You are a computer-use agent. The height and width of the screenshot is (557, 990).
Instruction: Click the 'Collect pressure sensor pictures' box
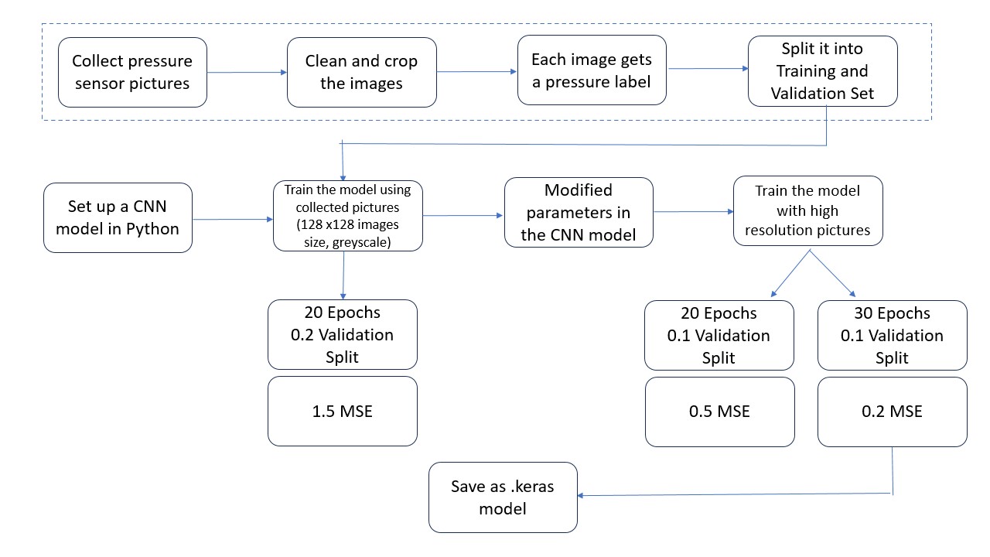(132, 72)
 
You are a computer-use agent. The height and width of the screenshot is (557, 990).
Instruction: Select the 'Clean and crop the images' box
(361, 72)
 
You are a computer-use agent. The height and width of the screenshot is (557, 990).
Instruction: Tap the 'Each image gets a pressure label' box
(592, 70)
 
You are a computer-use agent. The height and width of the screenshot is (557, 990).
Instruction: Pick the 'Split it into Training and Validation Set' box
(823, 70)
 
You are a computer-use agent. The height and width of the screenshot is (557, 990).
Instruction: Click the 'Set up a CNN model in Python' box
(118, 217)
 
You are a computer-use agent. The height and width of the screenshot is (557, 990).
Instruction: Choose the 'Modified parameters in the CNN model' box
(579, 213)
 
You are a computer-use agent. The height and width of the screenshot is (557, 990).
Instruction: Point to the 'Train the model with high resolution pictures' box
(807, 210)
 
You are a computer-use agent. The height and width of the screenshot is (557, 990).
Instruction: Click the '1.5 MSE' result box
(342, 411)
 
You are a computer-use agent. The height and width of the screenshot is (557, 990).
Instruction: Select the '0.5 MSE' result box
(719, 411)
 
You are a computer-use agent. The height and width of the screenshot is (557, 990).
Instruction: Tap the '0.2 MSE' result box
(892, 411)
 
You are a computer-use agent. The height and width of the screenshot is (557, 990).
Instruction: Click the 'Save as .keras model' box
(503, 497)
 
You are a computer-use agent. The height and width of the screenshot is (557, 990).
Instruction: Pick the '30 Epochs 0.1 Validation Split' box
(892, 336)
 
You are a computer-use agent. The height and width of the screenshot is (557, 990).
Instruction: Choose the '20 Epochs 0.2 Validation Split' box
(342, 335)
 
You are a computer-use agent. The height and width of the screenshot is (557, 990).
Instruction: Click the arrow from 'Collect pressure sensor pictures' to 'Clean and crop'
(247, 73)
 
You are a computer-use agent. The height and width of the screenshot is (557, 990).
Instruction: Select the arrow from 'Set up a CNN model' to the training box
(232, 220)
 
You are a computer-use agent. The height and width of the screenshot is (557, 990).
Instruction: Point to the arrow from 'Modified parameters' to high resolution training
(693, 211)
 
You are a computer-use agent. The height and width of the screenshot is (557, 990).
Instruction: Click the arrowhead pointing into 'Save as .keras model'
(583, 496)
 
